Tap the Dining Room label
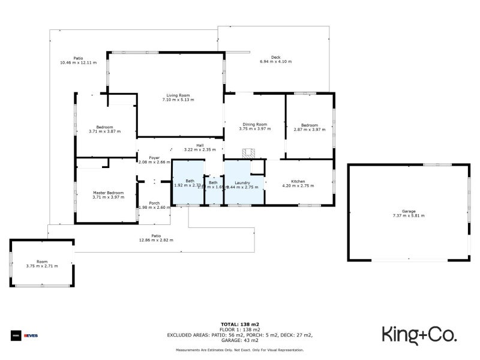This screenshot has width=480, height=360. point(254,124)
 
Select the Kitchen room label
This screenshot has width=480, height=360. point(298,181)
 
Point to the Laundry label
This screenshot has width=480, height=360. point(242,182)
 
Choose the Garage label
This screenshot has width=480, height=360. point(409,211)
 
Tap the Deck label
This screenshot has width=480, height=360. point(275,57)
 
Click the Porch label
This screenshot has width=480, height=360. point(154,202)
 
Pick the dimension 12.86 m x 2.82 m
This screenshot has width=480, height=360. point(156,240)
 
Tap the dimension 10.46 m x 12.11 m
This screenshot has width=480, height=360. point(78,62)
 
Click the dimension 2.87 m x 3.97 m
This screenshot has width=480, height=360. point(309,129)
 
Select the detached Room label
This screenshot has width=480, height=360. point(41,262)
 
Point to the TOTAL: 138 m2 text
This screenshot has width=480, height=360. point(239,324)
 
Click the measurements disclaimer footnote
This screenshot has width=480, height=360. point(239,350)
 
